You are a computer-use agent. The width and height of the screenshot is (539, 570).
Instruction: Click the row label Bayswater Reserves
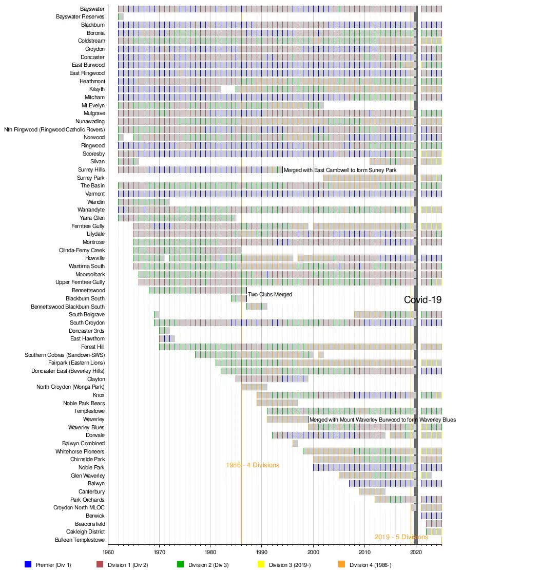80,17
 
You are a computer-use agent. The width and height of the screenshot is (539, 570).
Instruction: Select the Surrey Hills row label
91,169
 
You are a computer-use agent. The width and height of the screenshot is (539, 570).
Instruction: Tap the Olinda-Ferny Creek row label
82,250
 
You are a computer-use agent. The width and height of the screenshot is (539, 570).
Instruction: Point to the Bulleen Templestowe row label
80,540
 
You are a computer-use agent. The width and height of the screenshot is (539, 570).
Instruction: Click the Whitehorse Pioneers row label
80,451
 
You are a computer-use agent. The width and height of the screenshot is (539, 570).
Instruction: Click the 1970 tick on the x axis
159,553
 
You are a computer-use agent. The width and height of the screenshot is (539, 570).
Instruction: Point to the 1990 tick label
262,553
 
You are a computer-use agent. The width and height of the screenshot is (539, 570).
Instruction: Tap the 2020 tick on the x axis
416,553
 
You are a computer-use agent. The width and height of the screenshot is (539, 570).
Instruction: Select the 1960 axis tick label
108,553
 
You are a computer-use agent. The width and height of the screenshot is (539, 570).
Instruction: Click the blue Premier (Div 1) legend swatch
28,564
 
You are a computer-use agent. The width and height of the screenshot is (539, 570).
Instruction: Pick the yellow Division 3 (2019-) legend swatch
261,564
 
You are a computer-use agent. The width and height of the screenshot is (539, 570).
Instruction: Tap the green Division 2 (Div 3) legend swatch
180,564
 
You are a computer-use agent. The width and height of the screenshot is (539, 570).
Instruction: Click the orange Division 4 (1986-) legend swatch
342,564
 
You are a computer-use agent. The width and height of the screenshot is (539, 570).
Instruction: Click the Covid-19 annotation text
422,300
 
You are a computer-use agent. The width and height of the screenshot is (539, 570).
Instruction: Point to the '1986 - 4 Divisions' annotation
253,465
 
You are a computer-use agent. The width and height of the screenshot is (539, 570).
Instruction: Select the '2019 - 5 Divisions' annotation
401,537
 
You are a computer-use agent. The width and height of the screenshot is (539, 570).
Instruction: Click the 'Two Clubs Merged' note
270,294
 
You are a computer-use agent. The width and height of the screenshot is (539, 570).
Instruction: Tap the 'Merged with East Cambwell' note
340,170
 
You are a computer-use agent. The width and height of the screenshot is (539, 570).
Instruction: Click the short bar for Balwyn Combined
295,443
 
